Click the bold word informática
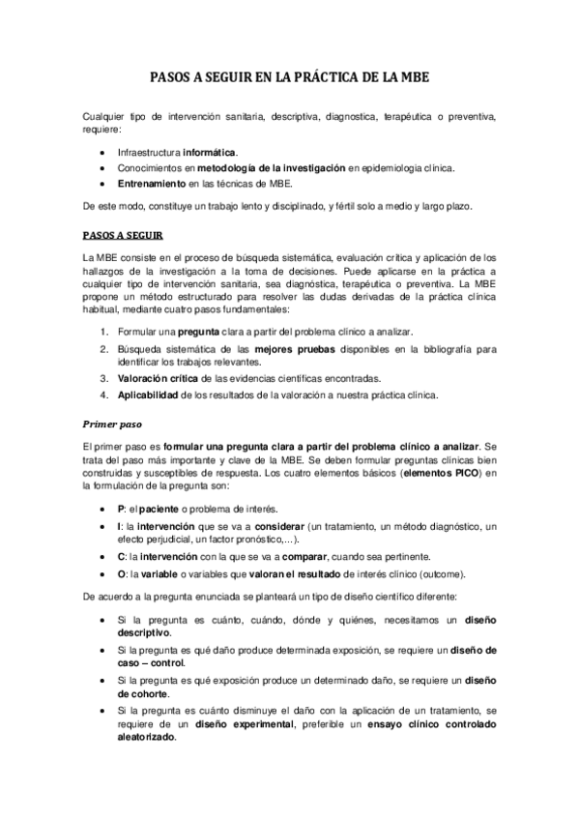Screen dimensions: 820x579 click(210, 153)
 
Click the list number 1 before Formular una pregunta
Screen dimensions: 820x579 click(104, 333)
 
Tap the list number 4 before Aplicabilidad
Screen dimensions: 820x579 click(104, 395)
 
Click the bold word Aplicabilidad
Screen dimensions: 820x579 click(154, 395)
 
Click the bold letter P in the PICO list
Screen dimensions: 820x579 click(120, 509)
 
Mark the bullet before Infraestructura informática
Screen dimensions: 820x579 click(104, 153)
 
